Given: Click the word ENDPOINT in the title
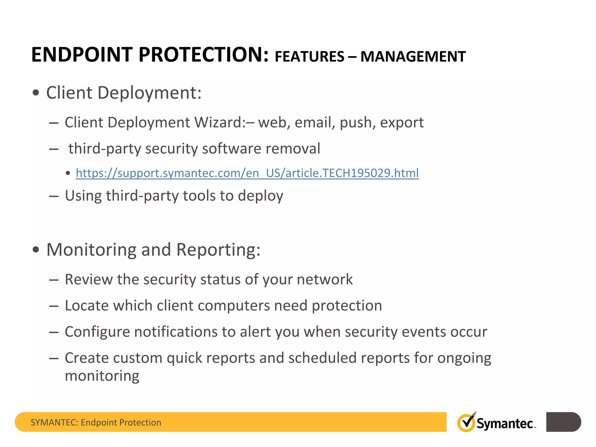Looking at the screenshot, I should click(x=82, y=55).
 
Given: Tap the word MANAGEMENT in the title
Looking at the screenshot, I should click(x=413, y=56).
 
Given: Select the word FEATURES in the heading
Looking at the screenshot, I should click(x=309, y=56).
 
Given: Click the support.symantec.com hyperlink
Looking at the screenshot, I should click(x=247, y=173).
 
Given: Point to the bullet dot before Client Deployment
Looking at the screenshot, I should click(x=36, y=93).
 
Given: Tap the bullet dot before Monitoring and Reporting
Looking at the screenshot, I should click(x=36, y=250).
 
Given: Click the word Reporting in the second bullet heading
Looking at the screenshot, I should click(x=218, y=250).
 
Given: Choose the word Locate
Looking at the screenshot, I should click(x=87, y=306).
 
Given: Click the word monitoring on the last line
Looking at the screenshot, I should click(x=102, y=376).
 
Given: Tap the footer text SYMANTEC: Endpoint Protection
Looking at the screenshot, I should click(x=96, y=422).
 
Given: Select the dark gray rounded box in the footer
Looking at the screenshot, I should click(x=563, y=422).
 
